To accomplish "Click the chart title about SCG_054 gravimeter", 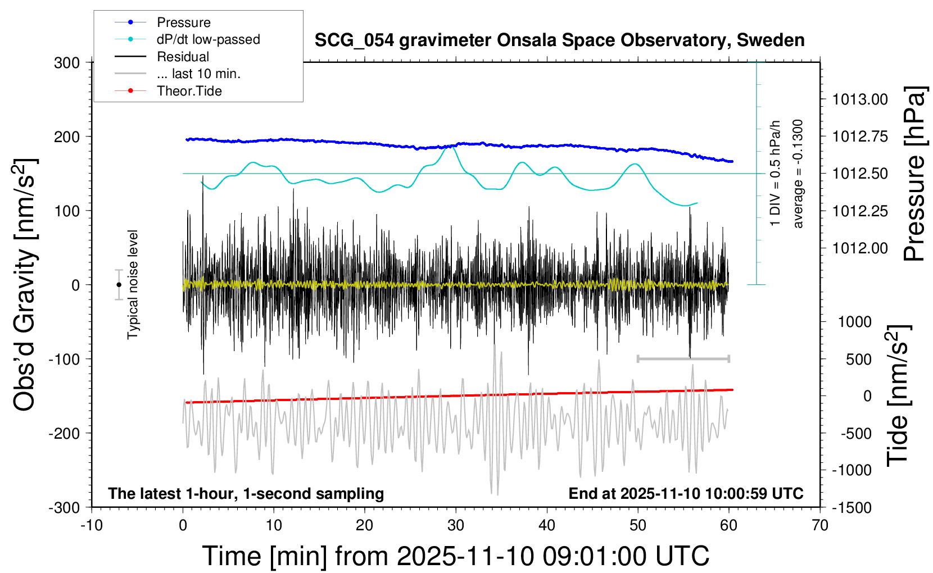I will tap(559, 40).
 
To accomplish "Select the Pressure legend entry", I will tap(183, 22).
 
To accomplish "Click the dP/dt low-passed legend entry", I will tap(208, 39).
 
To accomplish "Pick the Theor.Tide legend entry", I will tap(189, 91).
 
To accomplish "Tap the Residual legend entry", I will tap(183, 57).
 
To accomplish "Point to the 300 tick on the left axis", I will tap(67, 63).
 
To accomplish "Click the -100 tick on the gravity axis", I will tap(64, 359).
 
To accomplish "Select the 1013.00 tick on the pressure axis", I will tap(860, 100).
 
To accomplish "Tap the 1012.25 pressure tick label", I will tap(860, 211).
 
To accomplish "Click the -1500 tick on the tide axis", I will tap(852, 508).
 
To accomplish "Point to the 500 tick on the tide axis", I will tap(858, 360).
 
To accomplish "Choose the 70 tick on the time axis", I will tap(820, 526).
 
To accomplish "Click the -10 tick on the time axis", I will tap(92, 526).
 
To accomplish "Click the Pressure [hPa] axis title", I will tap(914, 174).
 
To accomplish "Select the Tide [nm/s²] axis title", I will tap(898, 396).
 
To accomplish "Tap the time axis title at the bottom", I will tap(455, 556).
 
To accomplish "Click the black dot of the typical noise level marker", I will tap(119, 285).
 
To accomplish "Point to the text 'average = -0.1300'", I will tap(798, 174).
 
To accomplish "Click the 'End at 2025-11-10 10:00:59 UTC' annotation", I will tap(686, 494).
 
